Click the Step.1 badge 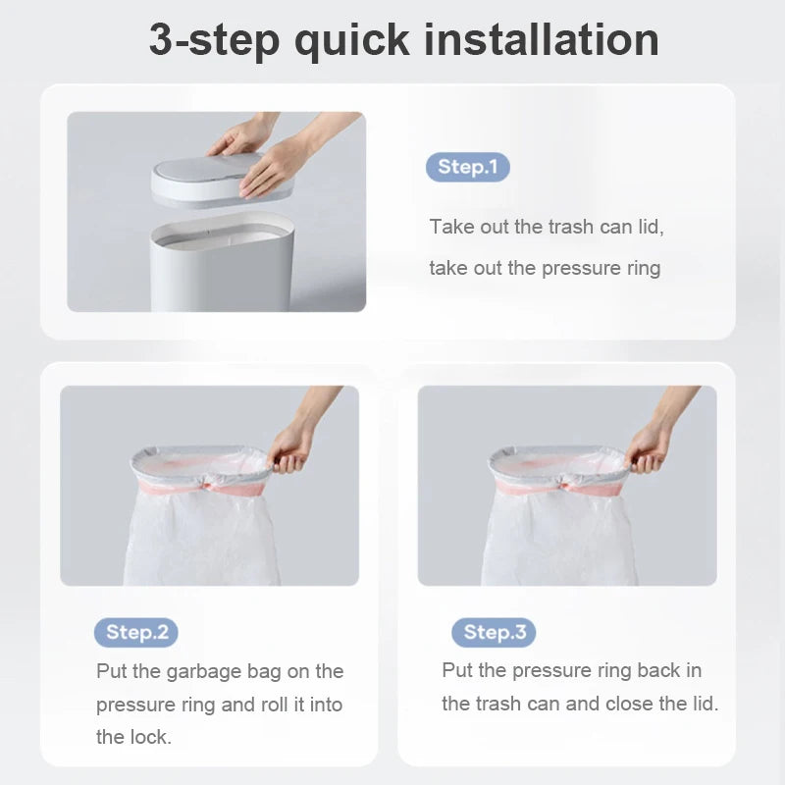(467, 167)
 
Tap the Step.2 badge (136, 632)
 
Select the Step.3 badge (494, 632)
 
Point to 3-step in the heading (213, 40)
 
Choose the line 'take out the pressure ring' (545, 268)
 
